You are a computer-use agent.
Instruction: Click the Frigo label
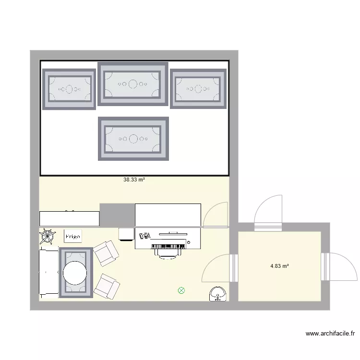point(73,236)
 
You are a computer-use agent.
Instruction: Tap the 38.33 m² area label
point(134,180)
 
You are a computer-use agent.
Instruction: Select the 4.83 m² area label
point(279,266)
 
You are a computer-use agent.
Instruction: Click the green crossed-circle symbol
point(181,290)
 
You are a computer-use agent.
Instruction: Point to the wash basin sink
point(219,294)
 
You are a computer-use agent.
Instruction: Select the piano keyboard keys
point(168,246)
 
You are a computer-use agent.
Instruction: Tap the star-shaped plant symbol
point(47,236)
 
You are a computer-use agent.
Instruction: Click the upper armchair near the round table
point(106,253)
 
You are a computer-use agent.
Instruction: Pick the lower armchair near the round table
point(106,286)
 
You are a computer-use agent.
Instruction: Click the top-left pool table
point(70,89)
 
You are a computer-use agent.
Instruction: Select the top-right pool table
point(198,89)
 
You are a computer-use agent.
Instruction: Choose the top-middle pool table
point(133,84)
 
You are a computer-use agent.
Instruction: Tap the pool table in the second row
point(133,139)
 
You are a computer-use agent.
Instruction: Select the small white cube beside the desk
point(126,234)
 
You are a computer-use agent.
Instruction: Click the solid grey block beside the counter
point(117,215)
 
